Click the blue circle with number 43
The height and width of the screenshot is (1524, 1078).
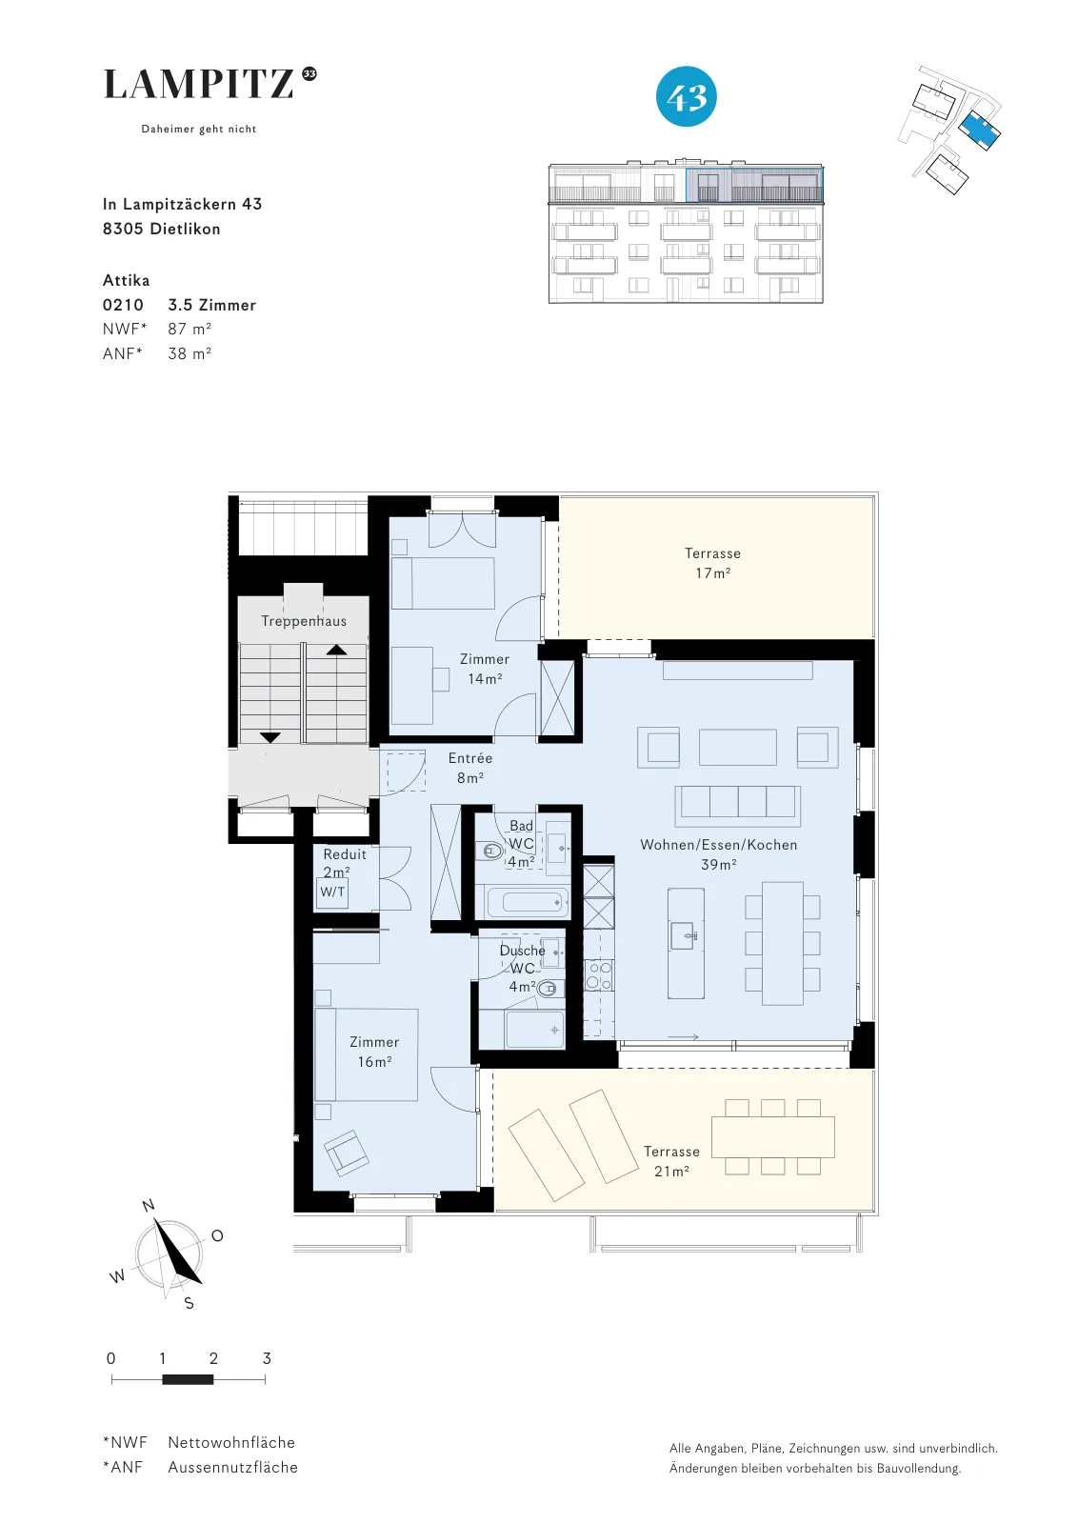click(687, 96)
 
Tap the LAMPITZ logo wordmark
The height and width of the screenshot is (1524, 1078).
click(199, 85)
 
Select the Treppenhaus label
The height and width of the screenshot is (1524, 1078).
click(304, 620)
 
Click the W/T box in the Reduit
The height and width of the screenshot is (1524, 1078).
click(332, 892)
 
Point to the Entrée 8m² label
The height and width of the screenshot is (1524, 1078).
click(470, 768)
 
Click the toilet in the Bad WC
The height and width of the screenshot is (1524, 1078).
click(490, 850)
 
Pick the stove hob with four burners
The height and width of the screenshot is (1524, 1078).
click(599, 975)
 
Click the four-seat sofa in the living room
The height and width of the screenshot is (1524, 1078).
click(738, 805)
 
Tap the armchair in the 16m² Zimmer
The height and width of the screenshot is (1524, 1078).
click(347, 1153)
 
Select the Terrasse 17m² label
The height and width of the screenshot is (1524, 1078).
click(712, 563)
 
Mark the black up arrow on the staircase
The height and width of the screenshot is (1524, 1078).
click(336, 650)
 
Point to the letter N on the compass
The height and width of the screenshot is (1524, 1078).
click(149, 1206)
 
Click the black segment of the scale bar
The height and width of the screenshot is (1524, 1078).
click(188, 1380)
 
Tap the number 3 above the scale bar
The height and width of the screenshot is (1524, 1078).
click(267, 1358)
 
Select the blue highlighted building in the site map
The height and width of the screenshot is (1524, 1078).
click(979, 129)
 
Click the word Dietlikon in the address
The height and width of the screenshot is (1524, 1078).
click(185, 229)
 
